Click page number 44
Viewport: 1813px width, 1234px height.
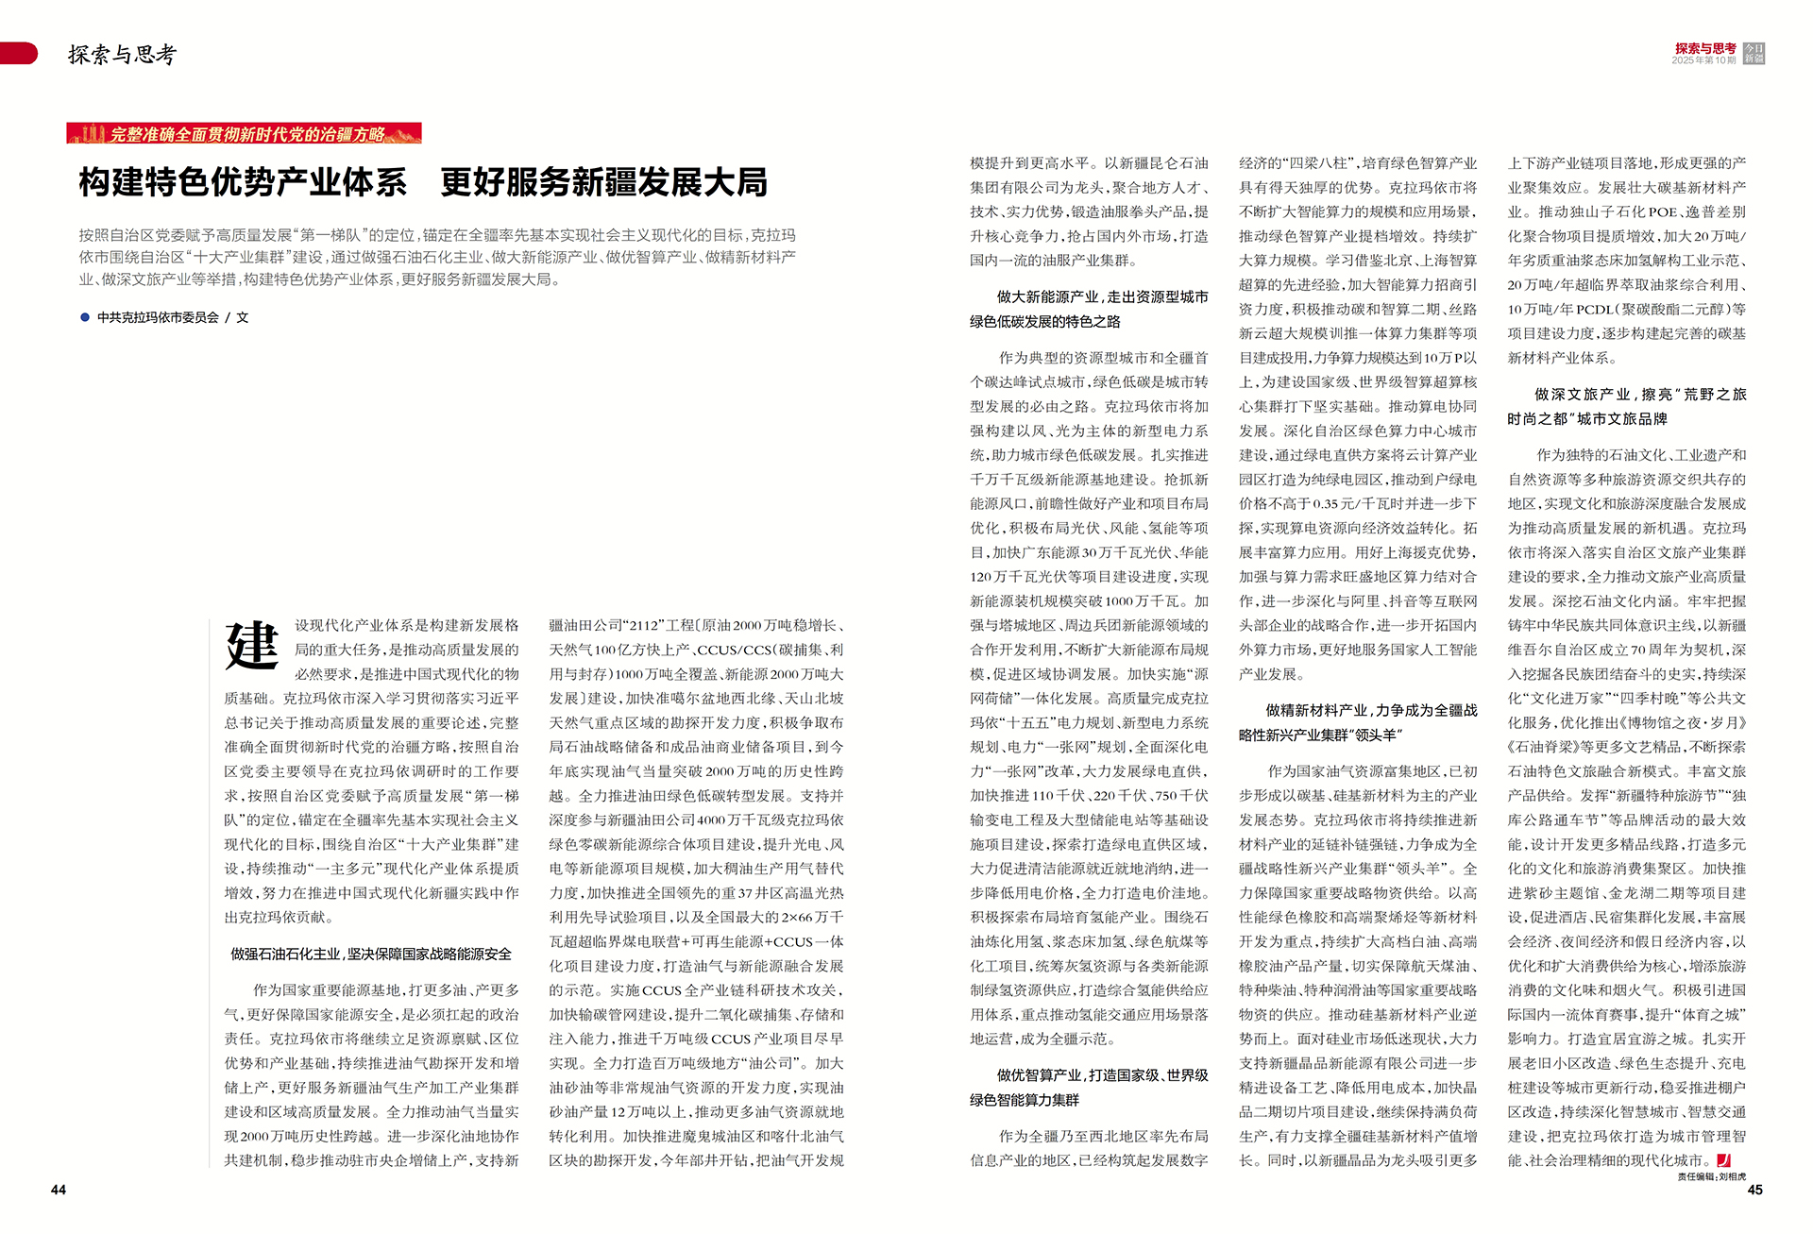point(59,1190)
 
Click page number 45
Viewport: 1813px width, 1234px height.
point(1754,1190)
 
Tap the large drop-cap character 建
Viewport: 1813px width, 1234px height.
point(252,647)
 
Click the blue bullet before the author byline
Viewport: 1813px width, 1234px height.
point(85,318)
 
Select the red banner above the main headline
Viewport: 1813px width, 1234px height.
point(244,133)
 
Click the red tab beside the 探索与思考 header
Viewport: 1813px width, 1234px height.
point(19,54)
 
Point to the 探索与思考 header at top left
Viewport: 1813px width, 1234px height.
point(122,55)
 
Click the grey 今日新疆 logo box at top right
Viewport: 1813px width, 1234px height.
point(1754,54)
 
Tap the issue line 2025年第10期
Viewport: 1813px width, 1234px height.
point(1703,60)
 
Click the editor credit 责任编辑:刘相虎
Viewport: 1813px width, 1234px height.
point(1711,1176)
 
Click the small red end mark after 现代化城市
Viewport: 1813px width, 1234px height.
point(1723,1160)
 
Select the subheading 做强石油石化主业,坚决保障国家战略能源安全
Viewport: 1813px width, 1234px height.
point(371,955)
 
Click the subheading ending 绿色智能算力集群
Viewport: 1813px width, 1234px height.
point(1089,1088)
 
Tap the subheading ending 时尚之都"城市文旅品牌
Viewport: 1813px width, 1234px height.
point(1626,407)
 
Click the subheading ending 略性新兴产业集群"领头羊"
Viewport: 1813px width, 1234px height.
point(1358,723)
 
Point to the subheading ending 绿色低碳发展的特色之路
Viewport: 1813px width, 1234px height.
point(1089,310)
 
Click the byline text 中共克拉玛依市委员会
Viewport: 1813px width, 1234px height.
point(158,318)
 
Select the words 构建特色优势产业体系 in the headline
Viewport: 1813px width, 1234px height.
point(243,182)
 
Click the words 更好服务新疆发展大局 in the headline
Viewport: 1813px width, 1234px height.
point(604,182)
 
